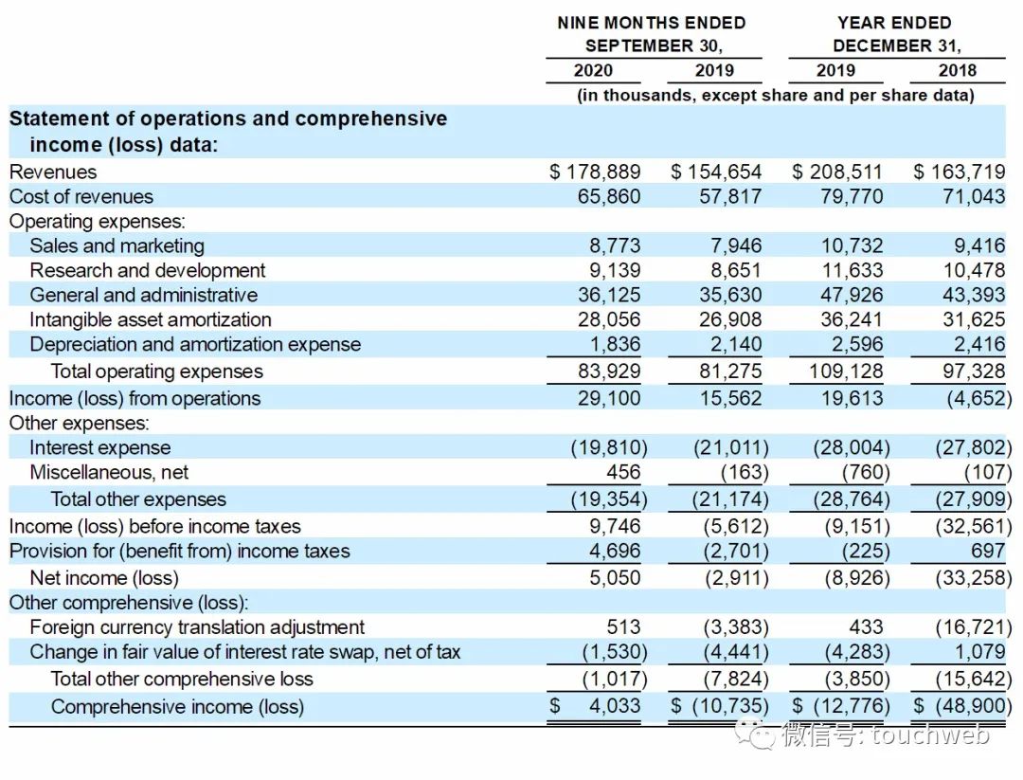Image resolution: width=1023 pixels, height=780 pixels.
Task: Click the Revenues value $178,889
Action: click(596, 172)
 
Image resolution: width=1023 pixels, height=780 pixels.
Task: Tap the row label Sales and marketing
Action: click(117, 245)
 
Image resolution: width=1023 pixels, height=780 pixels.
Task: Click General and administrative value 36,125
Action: click(609, 295)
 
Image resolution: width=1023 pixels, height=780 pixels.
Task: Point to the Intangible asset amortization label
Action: click(150, 319)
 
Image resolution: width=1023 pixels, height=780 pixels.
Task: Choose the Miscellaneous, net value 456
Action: click(623, 472)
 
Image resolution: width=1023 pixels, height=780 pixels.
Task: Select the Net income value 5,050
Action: click(615, 577)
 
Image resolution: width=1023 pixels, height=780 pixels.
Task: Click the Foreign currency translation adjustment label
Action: click(197, 626)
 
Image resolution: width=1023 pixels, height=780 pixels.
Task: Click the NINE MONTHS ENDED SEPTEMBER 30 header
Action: click(653, 34)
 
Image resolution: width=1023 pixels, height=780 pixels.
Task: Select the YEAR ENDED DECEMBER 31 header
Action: click(895, 34)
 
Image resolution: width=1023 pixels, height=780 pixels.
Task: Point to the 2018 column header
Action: click(957, 70)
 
